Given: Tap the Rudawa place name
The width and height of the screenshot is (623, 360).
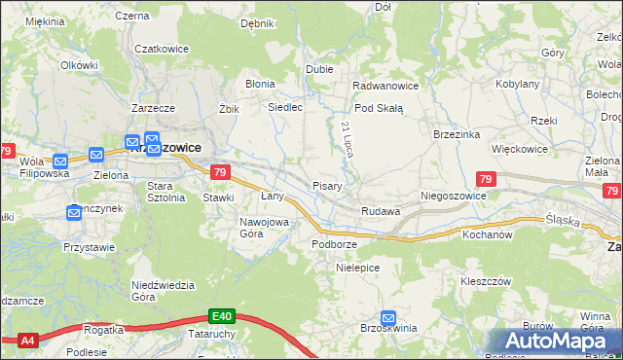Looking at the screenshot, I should click(381, 211).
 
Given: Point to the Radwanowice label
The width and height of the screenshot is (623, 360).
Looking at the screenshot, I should click(385, 86).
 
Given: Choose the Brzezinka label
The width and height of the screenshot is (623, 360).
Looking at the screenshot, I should click(458, 135).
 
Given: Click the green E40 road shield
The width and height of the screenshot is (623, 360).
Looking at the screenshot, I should click(221, 316).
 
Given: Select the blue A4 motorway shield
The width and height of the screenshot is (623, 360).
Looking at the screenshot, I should click(27, 341).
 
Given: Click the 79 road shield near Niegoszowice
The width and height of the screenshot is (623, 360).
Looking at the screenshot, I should click(486, 178).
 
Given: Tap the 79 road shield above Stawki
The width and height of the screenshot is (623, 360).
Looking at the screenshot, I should click(220, 173).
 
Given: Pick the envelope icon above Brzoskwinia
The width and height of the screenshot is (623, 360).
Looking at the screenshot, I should click(388, 317).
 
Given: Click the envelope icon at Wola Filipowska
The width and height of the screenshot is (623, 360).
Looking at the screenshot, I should click(60, 161).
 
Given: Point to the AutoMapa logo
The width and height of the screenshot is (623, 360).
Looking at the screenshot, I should click(556, 342).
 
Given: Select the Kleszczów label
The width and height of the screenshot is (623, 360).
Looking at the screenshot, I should click(486, 280).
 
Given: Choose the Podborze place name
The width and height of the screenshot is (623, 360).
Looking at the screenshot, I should click(334, 243).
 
